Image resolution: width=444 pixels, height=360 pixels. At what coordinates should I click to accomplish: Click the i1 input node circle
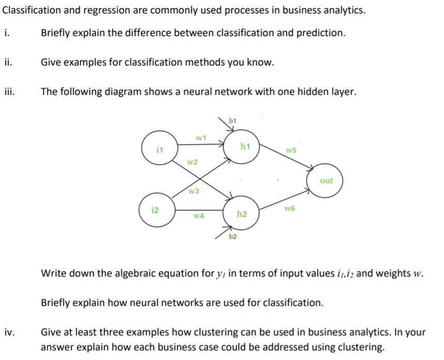click(x=160, y=149)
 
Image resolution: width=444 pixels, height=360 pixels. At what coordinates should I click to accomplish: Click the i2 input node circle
click(x=155, y=210)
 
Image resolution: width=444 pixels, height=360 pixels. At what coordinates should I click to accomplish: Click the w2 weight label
click(x=192, y=162)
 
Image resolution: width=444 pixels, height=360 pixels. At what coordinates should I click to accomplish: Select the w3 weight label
click(x=194, y=191)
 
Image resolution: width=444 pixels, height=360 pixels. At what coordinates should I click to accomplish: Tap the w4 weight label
click(x=199, y=216)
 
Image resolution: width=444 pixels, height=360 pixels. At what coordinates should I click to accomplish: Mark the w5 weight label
click(x=291, y=150)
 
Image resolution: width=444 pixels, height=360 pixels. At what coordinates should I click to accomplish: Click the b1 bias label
click(x=232, y=120)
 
